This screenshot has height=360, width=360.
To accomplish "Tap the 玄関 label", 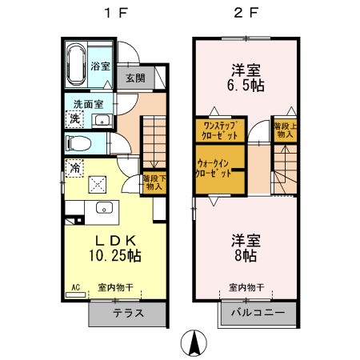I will point(134,78).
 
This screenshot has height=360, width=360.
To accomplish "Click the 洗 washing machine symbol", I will point(74,118).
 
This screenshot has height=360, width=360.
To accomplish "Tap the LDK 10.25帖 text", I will point(114,248).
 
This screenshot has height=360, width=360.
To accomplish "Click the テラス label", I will point(128,313).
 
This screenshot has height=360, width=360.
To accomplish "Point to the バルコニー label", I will point(258,313).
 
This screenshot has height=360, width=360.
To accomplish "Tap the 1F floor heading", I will point(113,13).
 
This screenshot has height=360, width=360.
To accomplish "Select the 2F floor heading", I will point(246,13).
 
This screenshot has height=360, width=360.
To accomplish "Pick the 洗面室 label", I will point(88,104).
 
